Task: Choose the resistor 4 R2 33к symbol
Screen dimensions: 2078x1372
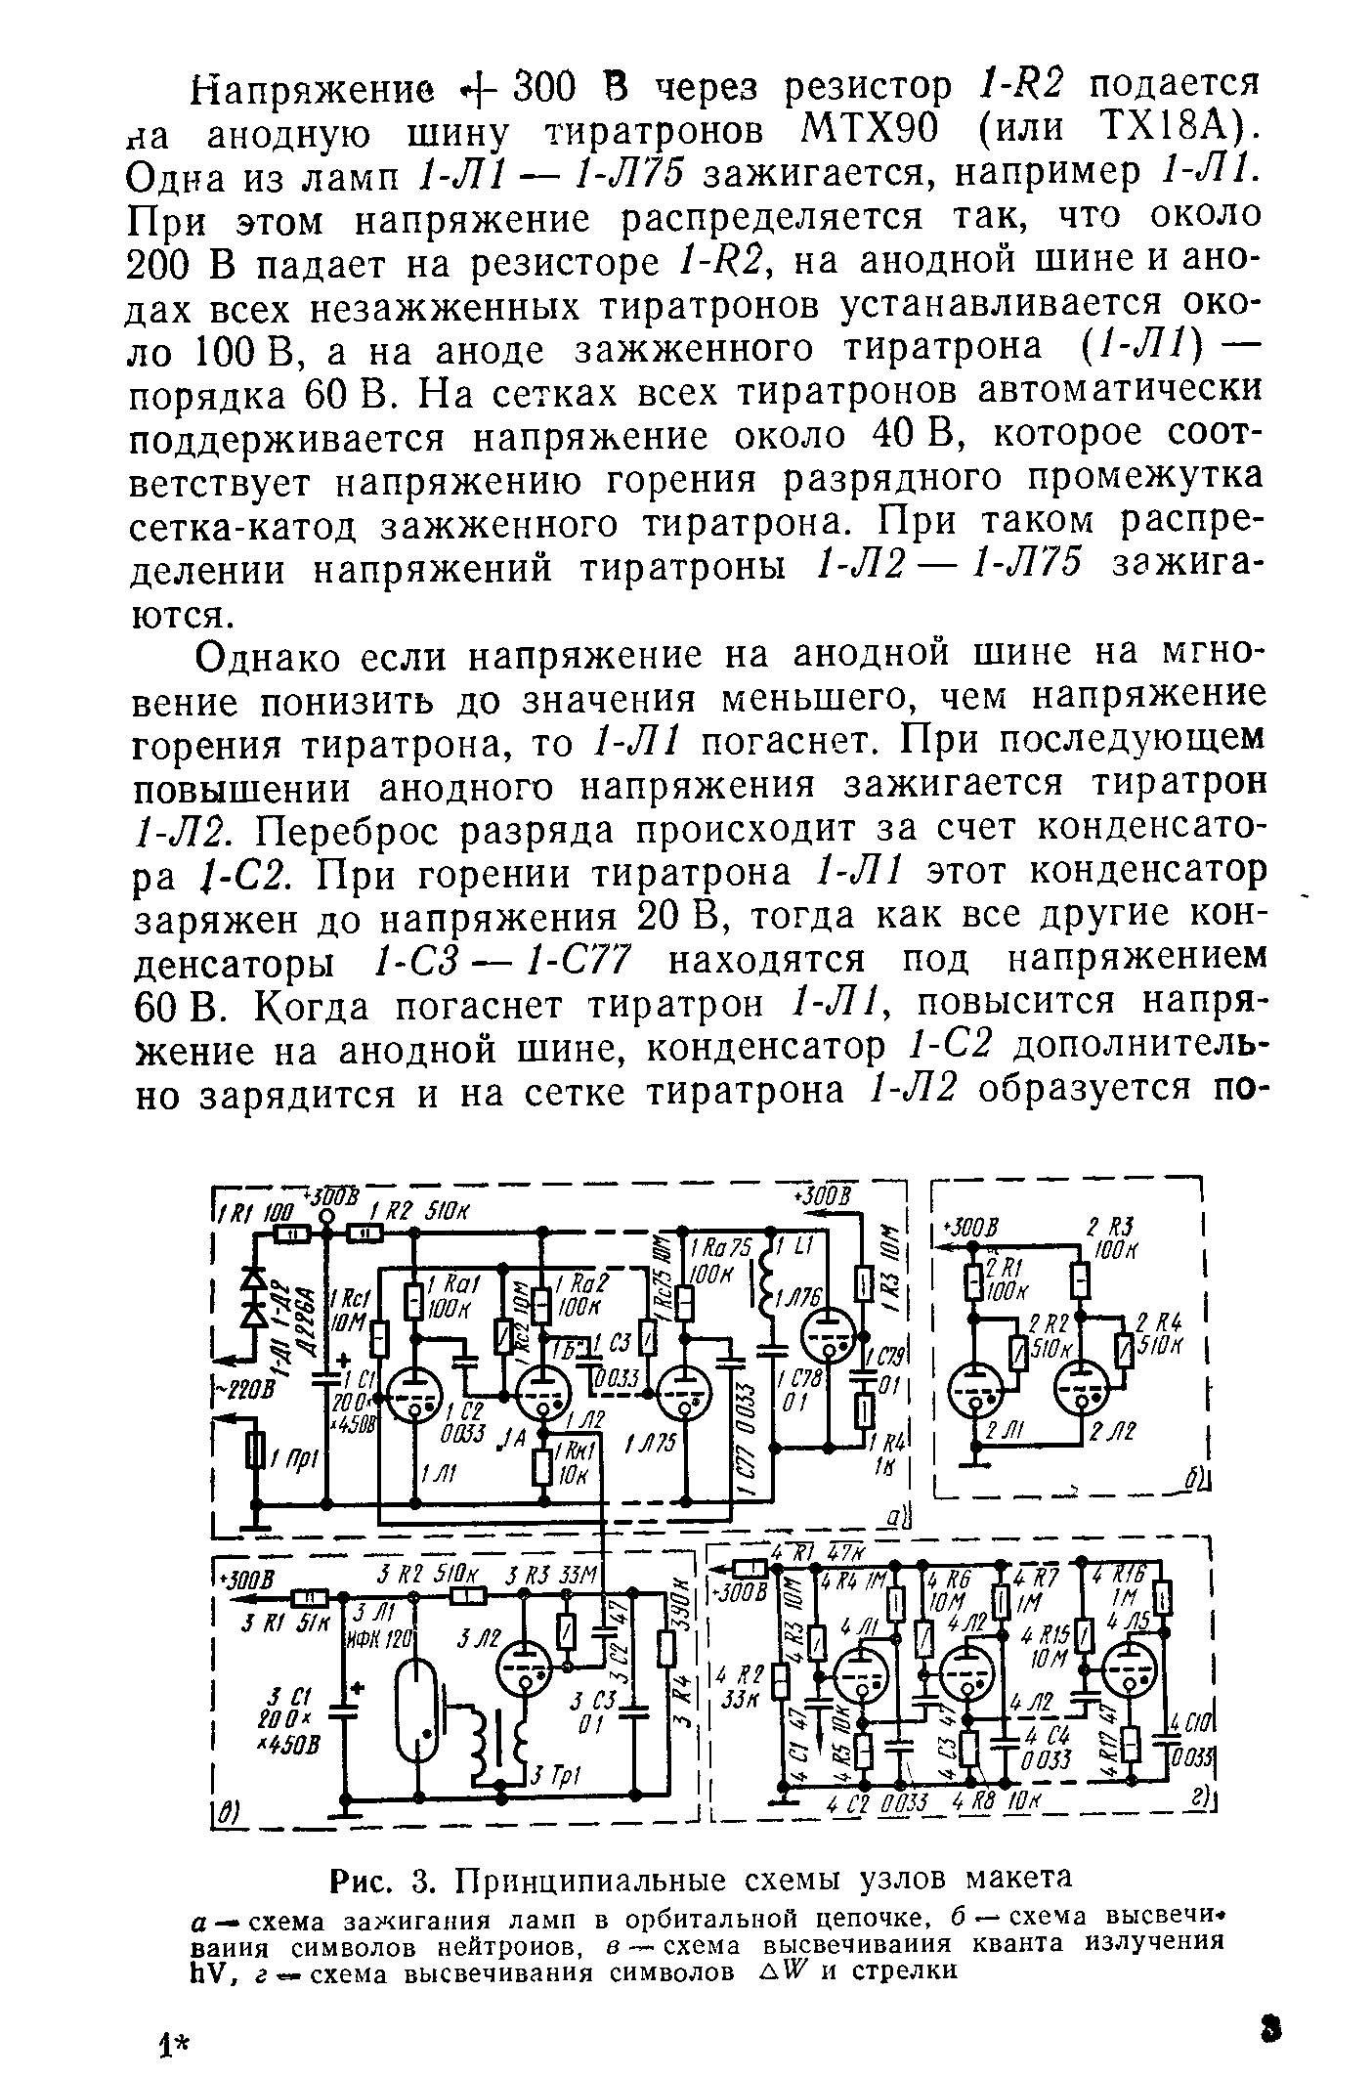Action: [x=780, y=1681]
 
